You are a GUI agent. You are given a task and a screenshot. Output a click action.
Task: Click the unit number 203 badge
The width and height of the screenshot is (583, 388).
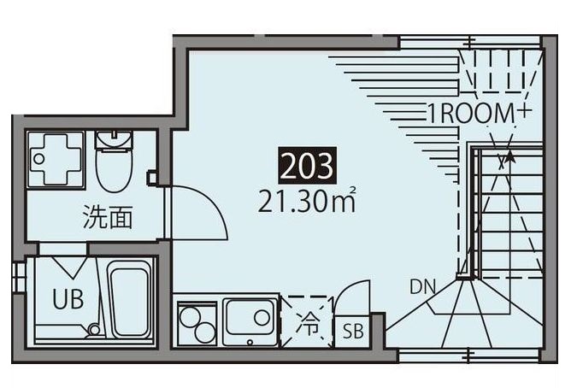(x=308, y=166)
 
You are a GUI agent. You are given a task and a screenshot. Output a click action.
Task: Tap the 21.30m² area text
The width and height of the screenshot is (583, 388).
(x=307, y=201)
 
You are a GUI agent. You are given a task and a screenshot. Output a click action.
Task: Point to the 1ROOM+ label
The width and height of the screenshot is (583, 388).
(x=479, y=113)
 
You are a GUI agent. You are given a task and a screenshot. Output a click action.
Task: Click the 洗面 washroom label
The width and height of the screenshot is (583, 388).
(x=107, y=217)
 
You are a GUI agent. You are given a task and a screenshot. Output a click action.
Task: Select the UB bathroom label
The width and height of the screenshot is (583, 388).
(x=68, y=299)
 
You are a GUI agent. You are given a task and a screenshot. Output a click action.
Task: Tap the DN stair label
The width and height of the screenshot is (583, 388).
(x=422, y=287)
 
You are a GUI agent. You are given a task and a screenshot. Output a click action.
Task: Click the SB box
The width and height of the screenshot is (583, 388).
(x=352, y=332)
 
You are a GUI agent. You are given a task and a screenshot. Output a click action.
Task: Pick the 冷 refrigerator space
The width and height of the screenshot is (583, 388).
(x=308, y=322)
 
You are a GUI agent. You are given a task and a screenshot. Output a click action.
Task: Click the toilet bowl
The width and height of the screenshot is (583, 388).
(x=115, y=169)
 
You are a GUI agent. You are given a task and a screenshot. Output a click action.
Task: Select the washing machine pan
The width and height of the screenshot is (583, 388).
(x=56, y=159)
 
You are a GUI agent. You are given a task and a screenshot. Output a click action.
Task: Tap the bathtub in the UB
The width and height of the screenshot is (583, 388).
(x=129, y=299)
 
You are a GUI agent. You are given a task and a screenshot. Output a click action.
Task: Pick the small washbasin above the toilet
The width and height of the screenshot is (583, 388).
(x=115, y=140)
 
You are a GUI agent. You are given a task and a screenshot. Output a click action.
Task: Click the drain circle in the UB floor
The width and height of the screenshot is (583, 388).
(x=95, y=330)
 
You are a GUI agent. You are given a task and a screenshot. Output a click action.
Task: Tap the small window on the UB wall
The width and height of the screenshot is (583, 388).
(x=18, y=278)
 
